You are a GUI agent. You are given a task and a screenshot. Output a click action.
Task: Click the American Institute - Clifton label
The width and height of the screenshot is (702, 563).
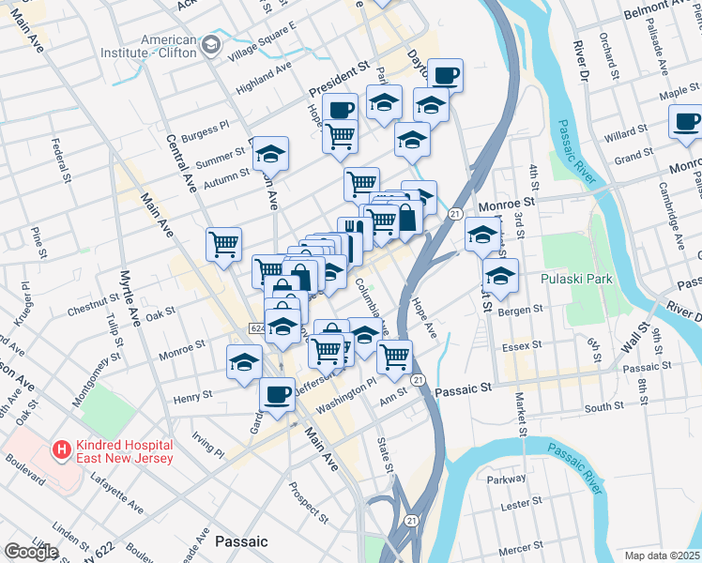pos(169,47)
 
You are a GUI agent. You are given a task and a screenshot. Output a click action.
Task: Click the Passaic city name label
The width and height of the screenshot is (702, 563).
pos(241,541)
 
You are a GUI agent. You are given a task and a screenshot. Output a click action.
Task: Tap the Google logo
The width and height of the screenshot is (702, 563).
pos(31,552)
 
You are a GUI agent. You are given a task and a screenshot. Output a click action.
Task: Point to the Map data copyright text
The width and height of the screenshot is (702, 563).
pos(662,555)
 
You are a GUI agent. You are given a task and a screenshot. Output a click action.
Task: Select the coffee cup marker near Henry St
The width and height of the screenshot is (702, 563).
pos(277,395)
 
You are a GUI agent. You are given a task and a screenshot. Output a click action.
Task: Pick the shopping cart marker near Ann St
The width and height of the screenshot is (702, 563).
pos(395,357)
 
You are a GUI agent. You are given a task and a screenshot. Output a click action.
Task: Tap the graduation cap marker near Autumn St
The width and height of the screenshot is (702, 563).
pos(270,154)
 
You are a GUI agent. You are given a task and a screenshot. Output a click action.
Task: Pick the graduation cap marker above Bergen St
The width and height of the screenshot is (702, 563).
pos(500,277)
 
